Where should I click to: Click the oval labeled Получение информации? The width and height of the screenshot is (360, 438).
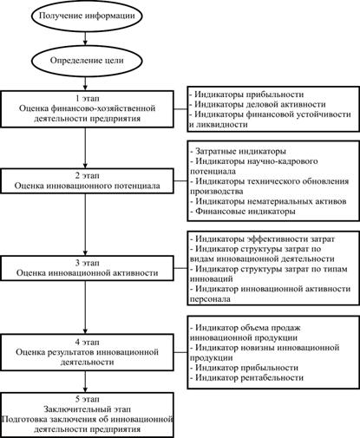(x=87, y=16)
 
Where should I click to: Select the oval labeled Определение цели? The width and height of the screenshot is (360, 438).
(x=87, y=61)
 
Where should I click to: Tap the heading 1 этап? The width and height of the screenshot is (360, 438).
(x=88, y=98)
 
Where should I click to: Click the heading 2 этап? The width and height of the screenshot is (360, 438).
(x=88, y=175)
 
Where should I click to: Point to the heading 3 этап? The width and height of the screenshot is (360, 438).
(x=88, y=263)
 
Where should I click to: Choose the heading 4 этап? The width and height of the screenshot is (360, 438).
(x=88, y=342)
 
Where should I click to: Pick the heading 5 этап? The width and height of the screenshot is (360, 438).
(x=88, y=399)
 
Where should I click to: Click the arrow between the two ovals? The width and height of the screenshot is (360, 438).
(x=85, y=38)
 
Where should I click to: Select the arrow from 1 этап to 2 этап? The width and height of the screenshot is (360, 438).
(x=85, y=147)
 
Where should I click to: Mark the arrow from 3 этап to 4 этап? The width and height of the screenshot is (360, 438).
(x=85, y=307)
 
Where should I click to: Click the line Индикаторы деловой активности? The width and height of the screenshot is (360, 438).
(x=258, y=104)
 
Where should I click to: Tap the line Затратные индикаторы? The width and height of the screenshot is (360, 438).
(x=239, y=151)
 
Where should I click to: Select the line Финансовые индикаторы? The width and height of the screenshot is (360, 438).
(x=243, y=212)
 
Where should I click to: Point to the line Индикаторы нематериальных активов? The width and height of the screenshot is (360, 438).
(x=268, y=201)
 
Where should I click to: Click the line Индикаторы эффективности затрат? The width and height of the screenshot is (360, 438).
(x=263, y=239)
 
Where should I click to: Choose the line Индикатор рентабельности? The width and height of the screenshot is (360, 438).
(x=247, y=377)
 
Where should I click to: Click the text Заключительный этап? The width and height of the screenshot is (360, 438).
(x=88, y=409)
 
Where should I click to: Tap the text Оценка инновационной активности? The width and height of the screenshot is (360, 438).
(x=88, y=273)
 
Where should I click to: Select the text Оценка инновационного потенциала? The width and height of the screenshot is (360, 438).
(x=88, y=186)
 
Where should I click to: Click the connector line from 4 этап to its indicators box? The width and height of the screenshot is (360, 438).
(x=180, y=352)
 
